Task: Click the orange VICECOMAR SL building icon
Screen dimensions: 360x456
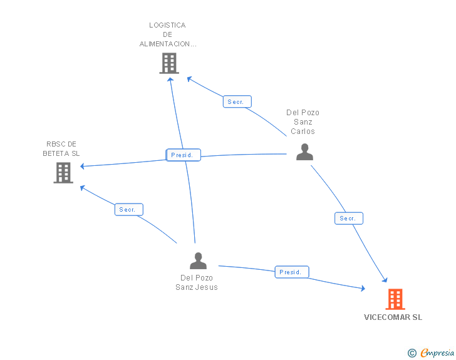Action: [x=395, y=299]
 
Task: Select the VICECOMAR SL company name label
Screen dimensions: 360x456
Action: [x=393, y=317]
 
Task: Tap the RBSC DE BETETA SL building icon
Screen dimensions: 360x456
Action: [x=63, y=173]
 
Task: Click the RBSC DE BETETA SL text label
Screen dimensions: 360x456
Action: [x=61, y=148]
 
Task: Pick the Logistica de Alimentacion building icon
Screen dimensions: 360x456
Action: [x=169, y=63]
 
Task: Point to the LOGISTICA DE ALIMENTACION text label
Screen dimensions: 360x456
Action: [x=167, y=35]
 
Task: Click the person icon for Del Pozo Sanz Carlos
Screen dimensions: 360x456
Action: [x=304, y=152]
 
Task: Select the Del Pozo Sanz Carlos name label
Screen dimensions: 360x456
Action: [x=303, y=122]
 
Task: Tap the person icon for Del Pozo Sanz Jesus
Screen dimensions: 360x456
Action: [x=198, y=260]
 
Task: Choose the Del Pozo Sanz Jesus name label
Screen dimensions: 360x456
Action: [x=197, y=282]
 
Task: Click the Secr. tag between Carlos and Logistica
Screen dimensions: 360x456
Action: [x=237, y=101]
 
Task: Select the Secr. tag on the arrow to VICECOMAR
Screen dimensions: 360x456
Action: [x=348, y=219]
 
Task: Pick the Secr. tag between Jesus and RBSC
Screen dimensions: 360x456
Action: [x=129, y=210]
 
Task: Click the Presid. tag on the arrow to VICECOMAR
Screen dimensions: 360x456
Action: [x=291, y=272]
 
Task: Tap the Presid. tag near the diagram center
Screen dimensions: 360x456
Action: [x=184, y=155]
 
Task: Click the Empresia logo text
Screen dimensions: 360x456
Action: [x=437, y=353]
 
